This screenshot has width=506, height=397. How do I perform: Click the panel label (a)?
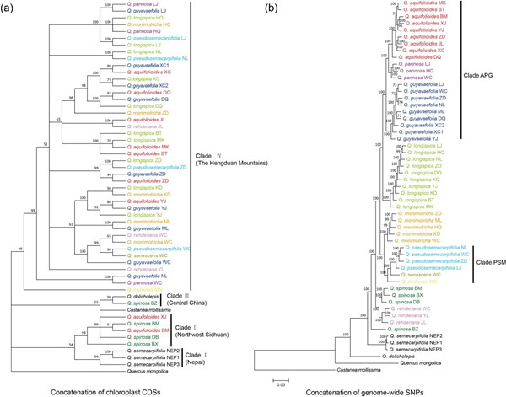coord(8,8)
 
